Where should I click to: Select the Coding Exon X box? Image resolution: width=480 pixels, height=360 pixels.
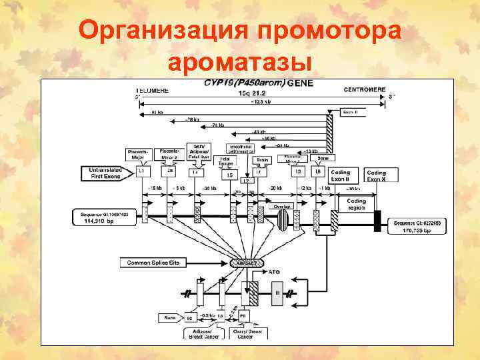[x=381, y=175]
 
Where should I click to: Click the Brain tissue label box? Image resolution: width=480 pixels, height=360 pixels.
[x=263, y=160]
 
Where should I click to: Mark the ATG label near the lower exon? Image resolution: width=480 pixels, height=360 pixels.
[x=274, y=272]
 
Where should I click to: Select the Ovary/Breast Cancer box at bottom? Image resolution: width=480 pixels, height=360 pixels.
[x=246, y=333]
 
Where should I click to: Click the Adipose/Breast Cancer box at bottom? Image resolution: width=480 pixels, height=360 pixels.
[x=201, y=333]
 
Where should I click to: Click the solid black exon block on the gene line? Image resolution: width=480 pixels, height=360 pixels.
[x=377, y=219]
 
